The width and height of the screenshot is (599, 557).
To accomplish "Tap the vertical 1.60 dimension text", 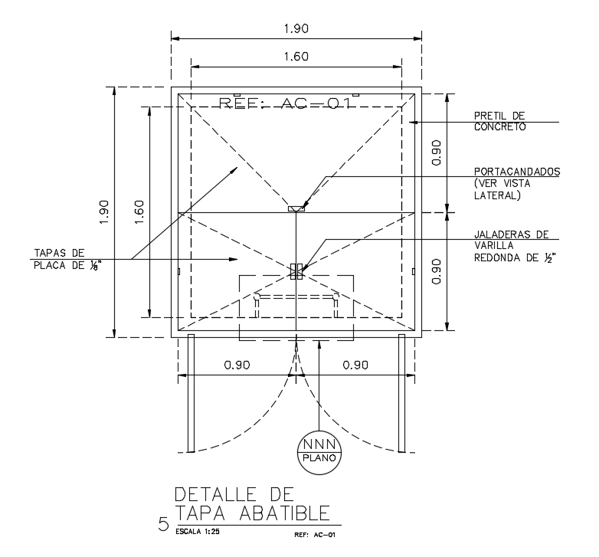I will click(x=139, y=212).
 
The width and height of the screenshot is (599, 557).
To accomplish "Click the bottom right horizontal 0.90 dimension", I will click(x=356, y=365).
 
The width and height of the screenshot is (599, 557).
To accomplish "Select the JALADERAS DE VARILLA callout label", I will click(x=514, y=246).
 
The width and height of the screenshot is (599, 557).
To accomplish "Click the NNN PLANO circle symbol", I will click(x=319, y=449).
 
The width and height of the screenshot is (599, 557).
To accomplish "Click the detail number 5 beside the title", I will click(x=163, y=525).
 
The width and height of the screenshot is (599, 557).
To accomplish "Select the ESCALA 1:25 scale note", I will click(x=195, y=529).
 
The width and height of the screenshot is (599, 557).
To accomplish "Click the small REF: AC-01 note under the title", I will click(x=315, y=533).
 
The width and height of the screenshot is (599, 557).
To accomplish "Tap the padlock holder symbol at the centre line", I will click(x=296, y=208).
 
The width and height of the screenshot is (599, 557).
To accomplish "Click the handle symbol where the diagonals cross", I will click(x=296, y=270).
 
